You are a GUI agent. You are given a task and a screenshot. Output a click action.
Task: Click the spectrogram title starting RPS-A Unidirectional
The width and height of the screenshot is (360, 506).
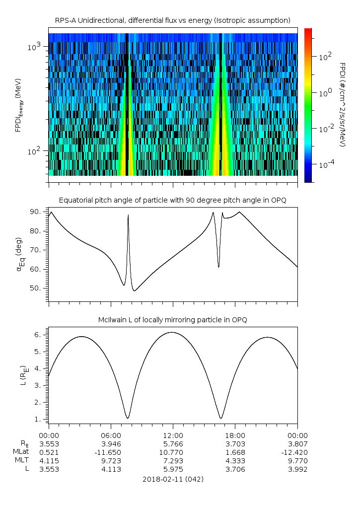point(172,20)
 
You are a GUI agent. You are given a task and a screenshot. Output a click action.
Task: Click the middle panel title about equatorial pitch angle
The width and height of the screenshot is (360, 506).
point(172,200)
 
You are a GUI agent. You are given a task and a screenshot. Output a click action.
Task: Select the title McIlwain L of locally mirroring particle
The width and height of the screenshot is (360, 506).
point(172,320)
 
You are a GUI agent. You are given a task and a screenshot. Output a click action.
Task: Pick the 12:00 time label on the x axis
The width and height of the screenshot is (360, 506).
point(173,435)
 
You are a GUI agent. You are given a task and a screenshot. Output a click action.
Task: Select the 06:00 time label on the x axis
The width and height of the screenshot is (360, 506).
point(111,435)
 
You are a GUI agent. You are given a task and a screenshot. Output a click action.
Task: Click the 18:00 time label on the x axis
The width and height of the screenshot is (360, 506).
point(235,435)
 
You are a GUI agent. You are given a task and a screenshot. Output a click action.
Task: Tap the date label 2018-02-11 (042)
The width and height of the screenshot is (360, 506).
point(173,479)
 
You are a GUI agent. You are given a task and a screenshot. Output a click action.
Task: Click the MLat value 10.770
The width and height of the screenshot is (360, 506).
point(173,452)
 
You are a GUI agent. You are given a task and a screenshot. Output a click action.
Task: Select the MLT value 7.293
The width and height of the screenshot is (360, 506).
point(173,461)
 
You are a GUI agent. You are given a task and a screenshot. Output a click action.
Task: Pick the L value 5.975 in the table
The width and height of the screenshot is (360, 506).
point(173,469)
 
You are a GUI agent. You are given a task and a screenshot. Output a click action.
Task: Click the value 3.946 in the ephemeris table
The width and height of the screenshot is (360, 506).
point(111,443)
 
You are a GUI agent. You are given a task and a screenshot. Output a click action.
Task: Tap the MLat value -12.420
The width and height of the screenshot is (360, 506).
point(296,452)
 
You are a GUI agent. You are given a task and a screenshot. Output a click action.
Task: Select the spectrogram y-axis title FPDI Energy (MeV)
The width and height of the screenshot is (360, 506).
point(18,105)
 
